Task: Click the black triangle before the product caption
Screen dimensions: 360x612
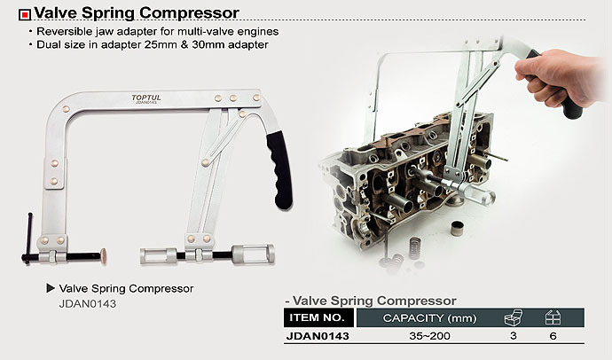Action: coord(51,288)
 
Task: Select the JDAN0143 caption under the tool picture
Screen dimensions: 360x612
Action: coord(87,303)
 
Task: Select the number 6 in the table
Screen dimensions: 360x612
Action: coord(553,337)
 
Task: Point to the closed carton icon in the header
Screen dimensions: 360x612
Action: coord(553,317)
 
